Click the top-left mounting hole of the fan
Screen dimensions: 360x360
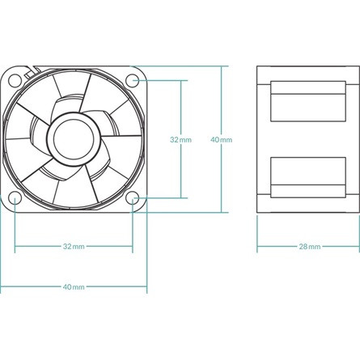tap(15, 79)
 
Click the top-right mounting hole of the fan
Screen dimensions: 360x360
tap(133, 79)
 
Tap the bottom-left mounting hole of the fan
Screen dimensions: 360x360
tap(15, 197)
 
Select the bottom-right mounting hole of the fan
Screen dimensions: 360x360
tap(133, 197)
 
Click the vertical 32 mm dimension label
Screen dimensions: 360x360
tap(180, 139)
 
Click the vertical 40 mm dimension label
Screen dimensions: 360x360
tap(221, 139)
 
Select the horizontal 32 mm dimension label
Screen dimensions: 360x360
tap(73, 246)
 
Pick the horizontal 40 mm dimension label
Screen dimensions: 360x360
tap(73, 286)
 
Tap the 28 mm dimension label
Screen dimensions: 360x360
tap(309, 246)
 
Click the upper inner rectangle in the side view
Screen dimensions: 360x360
tap(309, 101)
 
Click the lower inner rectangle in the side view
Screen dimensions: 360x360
tap(309, 176)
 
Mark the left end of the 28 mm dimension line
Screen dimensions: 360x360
tap(257, 246)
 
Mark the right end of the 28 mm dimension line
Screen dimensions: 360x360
tap(359, 246)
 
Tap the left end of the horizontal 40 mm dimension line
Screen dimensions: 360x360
tap(1, 286)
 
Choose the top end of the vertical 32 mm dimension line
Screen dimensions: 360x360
tap(181, 79)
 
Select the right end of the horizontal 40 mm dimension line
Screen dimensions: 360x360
tap(146, 286)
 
